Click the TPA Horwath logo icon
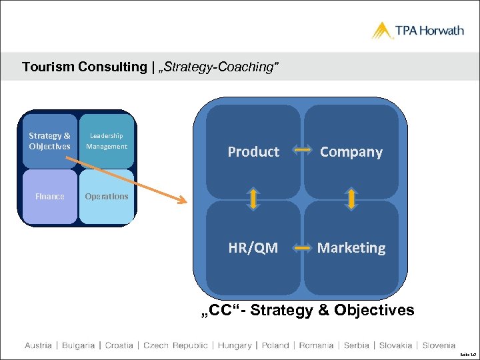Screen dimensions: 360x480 click(383, 31)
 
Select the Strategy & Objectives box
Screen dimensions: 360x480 click(49, 141)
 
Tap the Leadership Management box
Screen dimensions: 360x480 click(107, 141)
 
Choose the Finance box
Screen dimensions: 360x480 click(49, 196)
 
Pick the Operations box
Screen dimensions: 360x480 click(107, 196)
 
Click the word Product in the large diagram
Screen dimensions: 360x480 click(253, 152)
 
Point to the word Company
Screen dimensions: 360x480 click(351, 152)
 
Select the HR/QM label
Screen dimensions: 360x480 click(253, 248)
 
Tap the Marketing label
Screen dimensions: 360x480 click(351, 248)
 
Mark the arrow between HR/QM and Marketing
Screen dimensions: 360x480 click(303, 248)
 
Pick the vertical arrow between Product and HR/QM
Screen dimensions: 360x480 click(254, 199)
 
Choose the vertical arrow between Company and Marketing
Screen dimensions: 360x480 click(351, 199)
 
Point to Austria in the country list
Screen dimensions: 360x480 click(39, 345)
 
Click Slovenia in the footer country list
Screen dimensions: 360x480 click(439, 345)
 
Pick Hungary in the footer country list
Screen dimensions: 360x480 click(235, 345)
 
